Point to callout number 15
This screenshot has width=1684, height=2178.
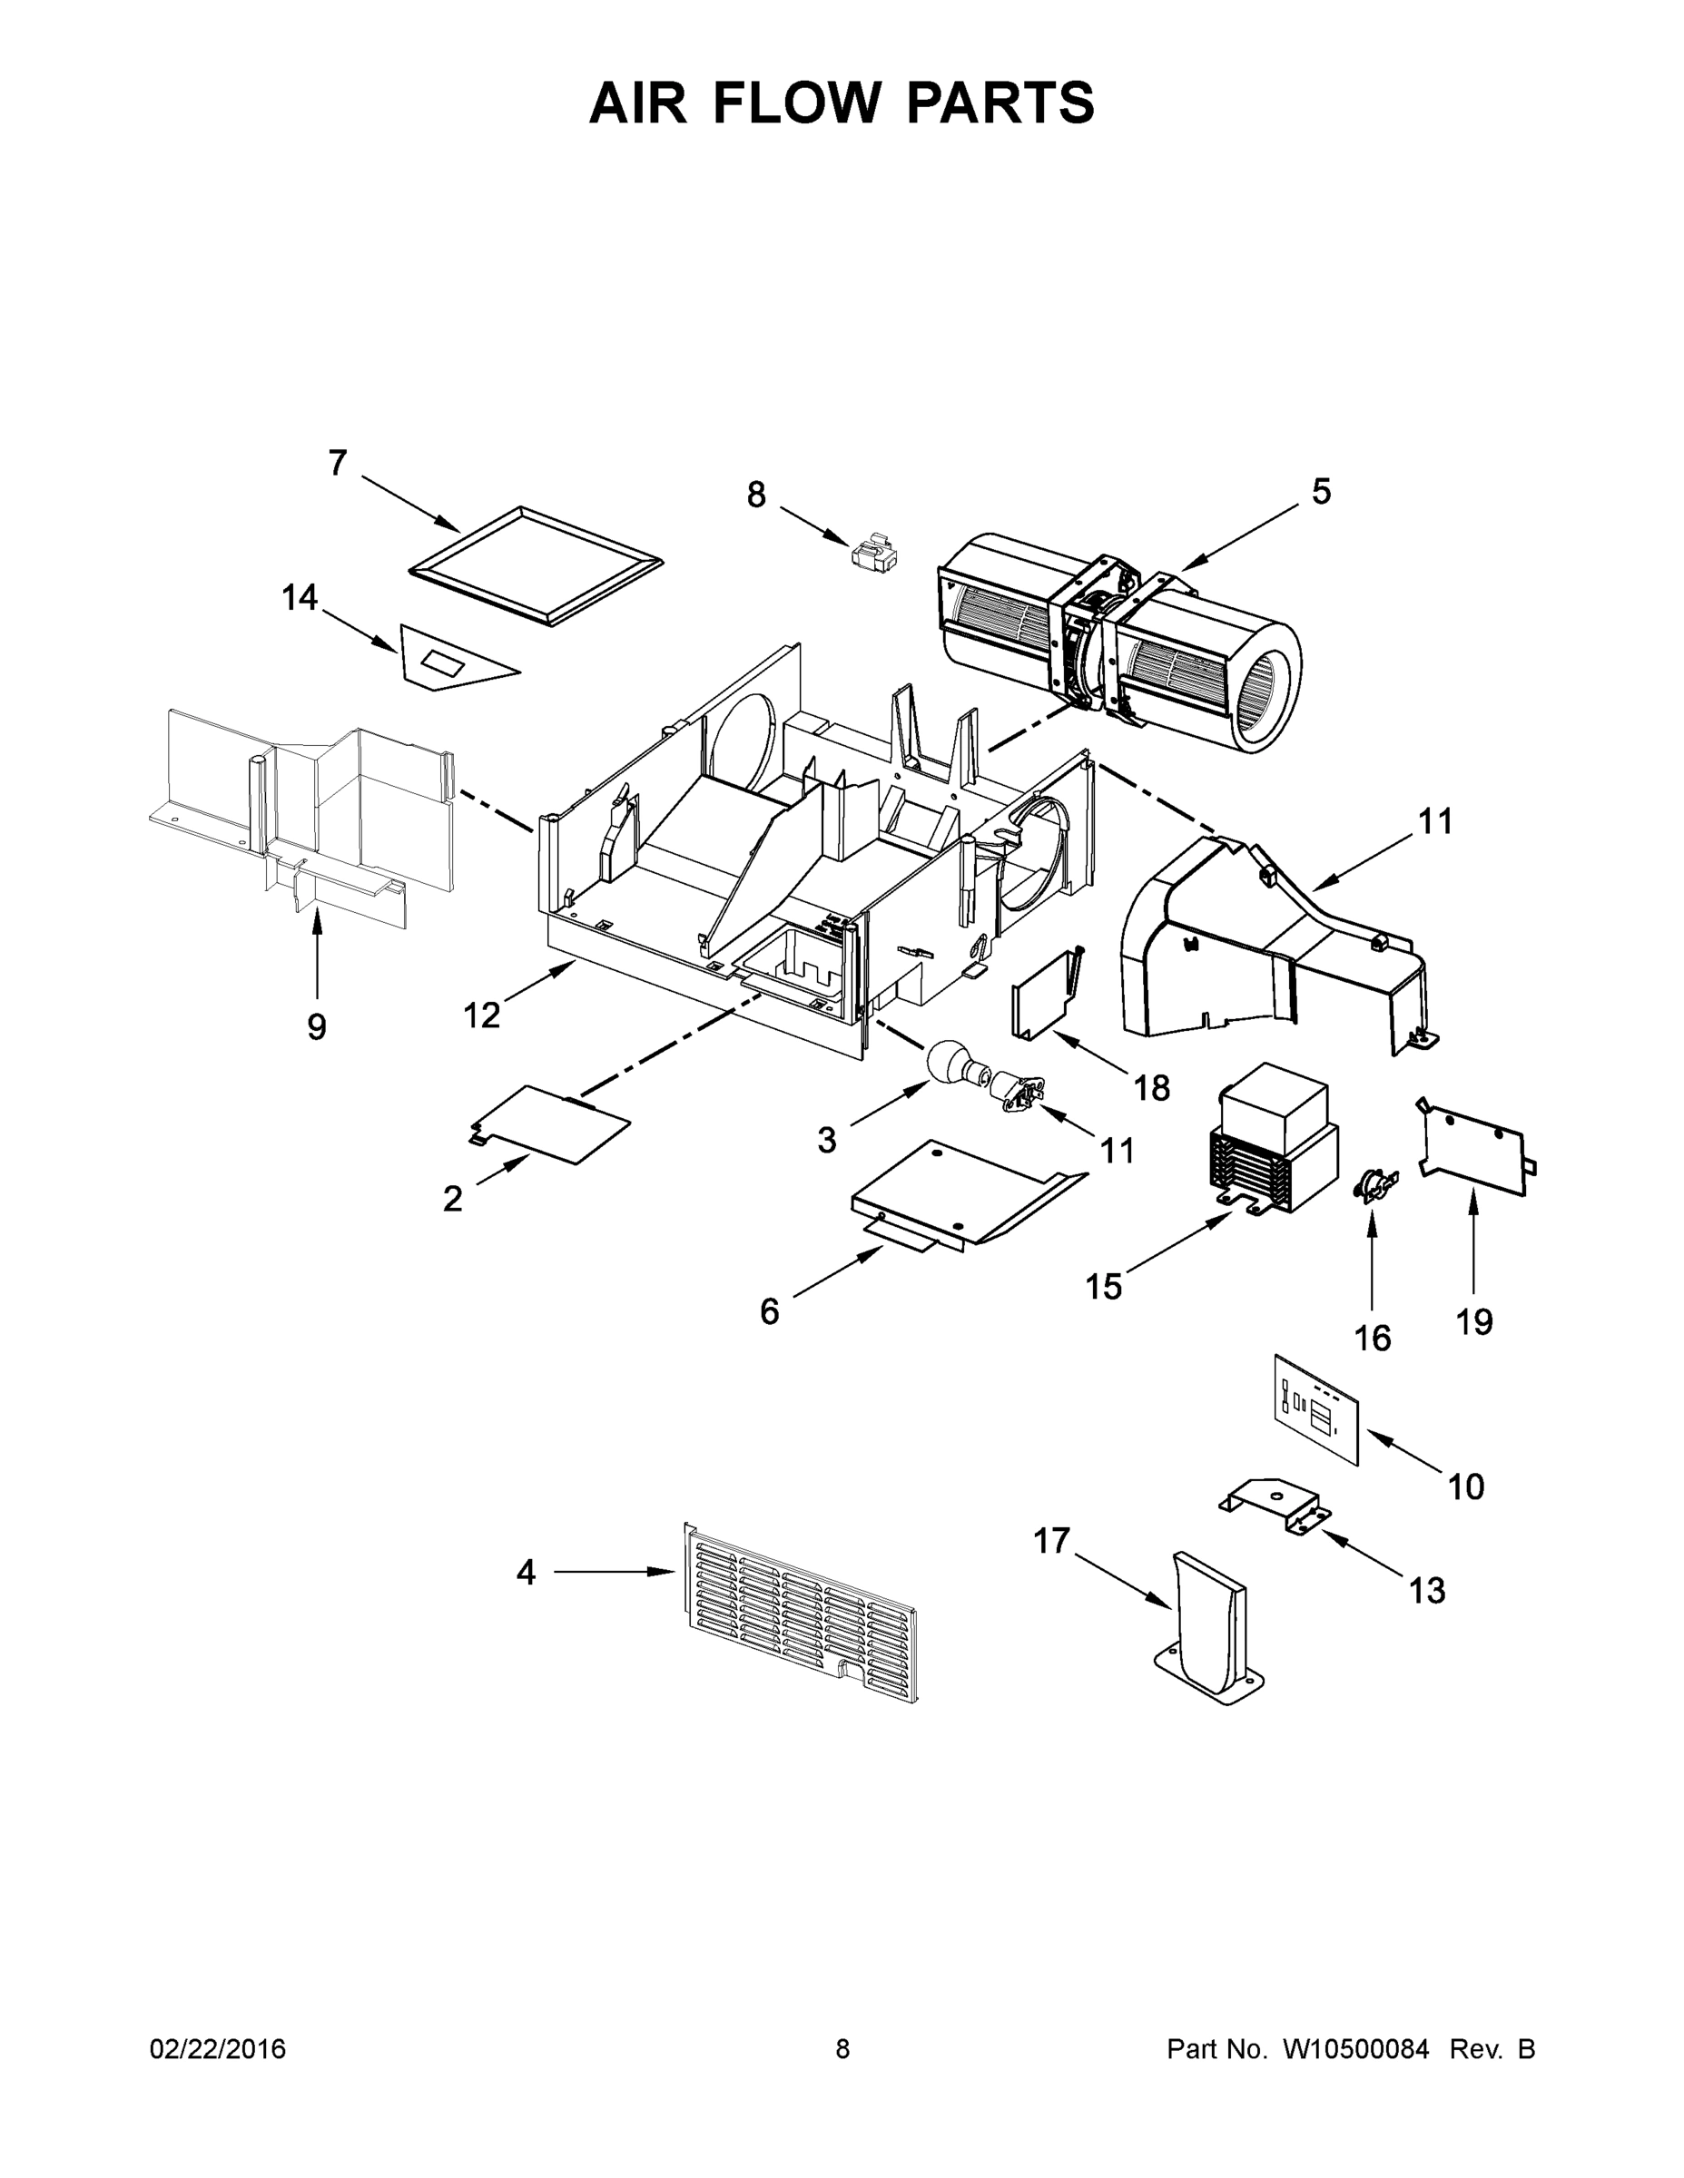pos(1103,1287)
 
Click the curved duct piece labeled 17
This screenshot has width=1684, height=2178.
pos(1210,1625)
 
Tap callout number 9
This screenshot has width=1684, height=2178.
pos(316,1026)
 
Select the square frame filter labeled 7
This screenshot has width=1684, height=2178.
pos(536,567)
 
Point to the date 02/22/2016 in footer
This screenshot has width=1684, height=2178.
pos(218,2049)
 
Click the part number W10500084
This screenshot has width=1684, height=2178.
pos(1354,2049)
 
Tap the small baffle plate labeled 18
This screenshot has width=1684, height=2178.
pos(1045,997)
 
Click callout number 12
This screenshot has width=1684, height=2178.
pos(481,1015)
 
